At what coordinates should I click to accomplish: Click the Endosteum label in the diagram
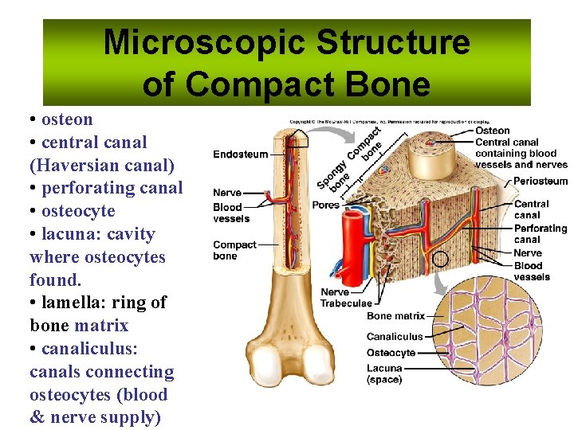tap(240, 154)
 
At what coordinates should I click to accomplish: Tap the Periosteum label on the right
tap(541, 181)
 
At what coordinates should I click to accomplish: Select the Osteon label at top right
tap(492, 131)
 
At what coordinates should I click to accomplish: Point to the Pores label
tap(325, 205)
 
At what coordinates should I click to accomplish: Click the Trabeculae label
tap(345, 303)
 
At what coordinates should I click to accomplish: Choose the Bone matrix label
tap(395, 316)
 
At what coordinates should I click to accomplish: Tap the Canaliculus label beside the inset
tap(394, 337)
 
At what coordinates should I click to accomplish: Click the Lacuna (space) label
tap(384, 373)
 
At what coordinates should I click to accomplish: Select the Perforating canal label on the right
tap(540, 234)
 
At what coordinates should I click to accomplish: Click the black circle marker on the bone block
tap(439, 259)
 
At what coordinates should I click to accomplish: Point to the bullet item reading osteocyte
tap(78, 211)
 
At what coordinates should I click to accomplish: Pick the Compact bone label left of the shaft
tap(234, 250)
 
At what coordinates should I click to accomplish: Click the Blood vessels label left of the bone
tap(231, 213)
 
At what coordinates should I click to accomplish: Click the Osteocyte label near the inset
tap(391, 353)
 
